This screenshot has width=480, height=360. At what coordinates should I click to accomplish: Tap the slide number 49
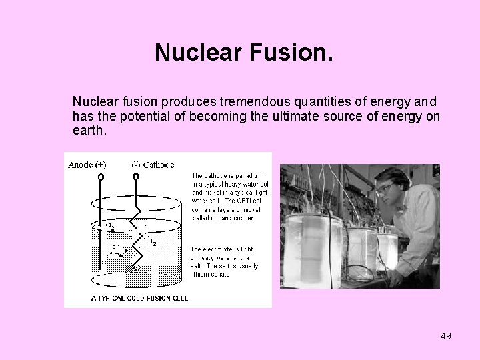click(x=446, y=336)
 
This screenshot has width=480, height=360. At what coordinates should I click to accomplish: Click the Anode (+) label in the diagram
click(x=87, y=165)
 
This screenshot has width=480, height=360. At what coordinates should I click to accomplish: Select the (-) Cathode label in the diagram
click(x=153, y=165)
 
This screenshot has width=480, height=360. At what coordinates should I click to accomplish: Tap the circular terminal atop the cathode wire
click(x=137, y=177)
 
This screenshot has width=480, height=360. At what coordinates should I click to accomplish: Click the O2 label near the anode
click(x=111, y=227)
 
